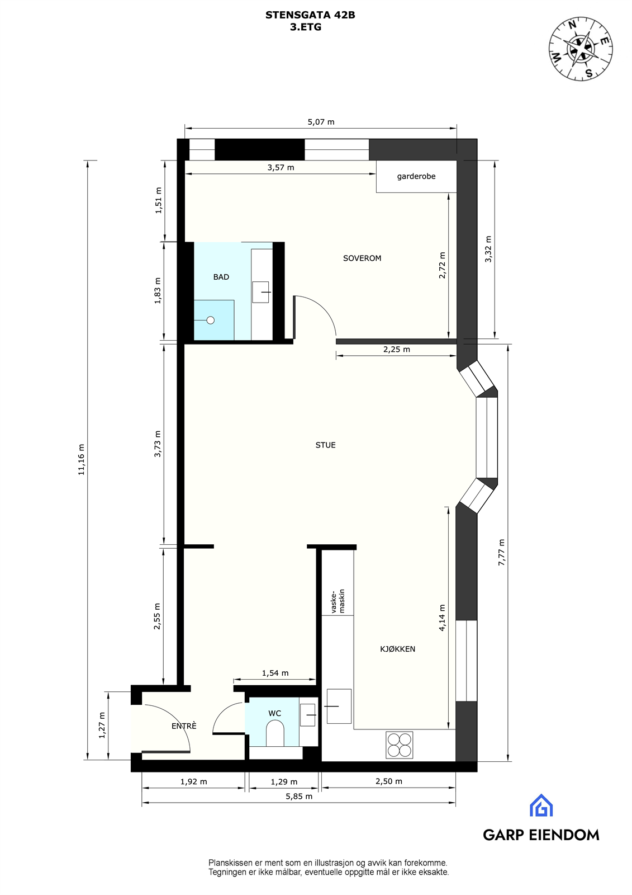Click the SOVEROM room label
[x=362, y=258]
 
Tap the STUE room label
[x=325, y=445]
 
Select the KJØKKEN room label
[x=397, y=649]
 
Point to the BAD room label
[x=221, y=277]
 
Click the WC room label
[x=274, y=713]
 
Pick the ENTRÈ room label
[x=184, y=726]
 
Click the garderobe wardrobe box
[x=416, y=177]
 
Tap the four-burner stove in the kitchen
[x=399, y=745]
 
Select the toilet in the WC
[x=275, y=733]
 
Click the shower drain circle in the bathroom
[x=211, y=321]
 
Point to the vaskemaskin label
[x=339, y=601]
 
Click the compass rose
[x=581, y=49]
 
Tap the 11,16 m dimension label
[x=81, y=460]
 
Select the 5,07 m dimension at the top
[x=321, y=122]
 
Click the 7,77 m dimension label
[x=501, y=552]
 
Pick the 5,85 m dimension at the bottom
[x=299, y=797]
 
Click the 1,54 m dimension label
[x=275, y=673]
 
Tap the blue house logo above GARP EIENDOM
[x=541, y=805]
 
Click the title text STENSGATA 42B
[x=310, y=16]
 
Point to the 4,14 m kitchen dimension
[x=442, y=618]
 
